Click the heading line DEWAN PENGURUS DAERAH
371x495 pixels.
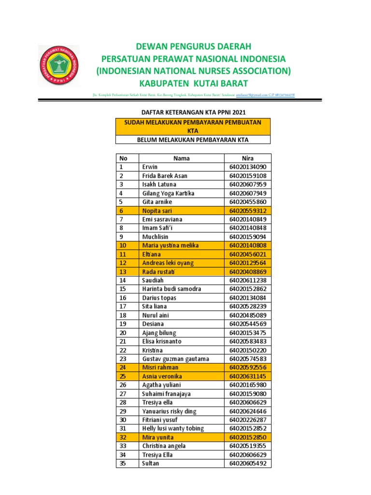point(193,46)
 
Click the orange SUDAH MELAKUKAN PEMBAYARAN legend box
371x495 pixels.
point(193,127)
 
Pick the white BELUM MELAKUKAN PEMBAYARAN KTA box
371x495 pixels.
point(193,140)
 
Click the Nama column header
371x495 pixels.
point(182,158)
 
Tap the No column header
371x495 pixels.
point(124,158)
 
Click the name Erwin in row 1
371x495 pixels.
point(150,167)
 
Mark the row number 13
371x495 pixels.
point(123,272)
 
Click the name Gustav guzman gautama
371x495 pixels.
point(175,359)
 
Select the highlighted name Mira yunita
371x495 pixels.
point(158,437)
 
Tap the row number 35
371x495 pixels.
point(123,464)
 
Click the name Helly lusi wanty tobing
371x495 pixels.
point(173,429)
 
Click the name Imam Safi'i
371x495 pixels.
point(157,228)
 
